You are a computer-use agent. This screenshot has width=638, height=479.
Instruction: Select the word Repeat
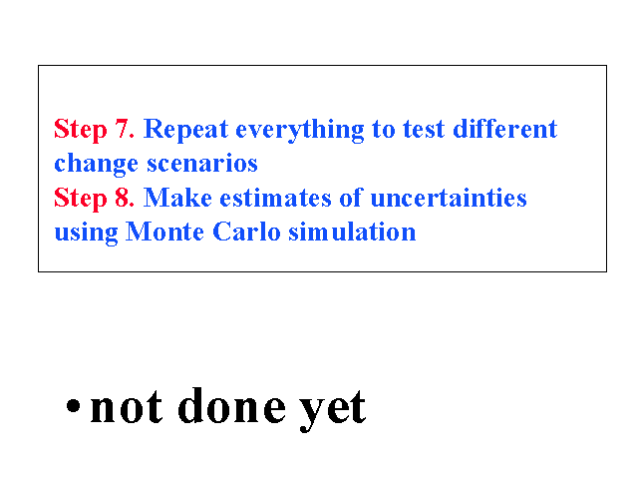pyautogui.click(x=186, y=131)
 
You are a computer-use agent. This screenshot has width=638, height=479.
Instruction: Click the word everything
pyautogui.click(x=300, y=131)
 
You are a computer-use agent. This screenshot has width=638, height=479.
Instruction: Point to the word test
pyautogui.click(x=424, y=130)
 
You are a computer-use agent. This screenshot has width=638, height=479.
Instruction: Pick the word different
pyautogui.click(x=505, y=129)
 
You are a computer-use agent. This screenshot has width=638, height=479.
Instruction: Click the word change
pyautogui.click(x=96, y=164)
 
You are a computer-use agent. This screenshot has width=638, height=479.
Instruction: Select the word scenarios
pyautogui.click(x=202, y=164)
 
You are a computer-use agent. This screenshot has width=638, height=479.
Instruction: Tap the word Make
pyautogui.click(x=177, y=198)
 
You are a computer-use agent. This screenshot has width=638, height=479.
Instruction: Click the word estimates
pyautogui.click(x=276, y=199)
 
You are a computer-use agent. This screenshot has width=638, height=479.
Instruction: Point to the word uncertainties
pyautogui.click(x=449, y=199)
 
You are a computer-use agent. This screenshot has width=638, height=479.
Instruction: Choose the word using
pyautogui.click(x=87, y=234)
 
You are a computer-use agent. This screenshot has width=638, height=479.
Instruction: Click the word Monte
pyautogui.click(x=164, y=233)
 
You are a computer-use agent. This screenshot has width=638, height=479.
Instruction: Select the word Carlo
pyautogui.click(x=246, y=233)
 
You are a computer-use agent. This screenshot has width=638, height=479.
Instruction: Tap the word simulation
pyautogui.click(x=352, y=233)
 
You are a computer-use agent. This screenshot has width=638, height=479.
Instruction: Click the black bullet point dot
pyautogui.click(x=73, y=405)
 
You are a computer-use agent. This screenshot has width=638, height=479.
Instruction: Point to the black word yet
pyautogui.click(x=332, y=410)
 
